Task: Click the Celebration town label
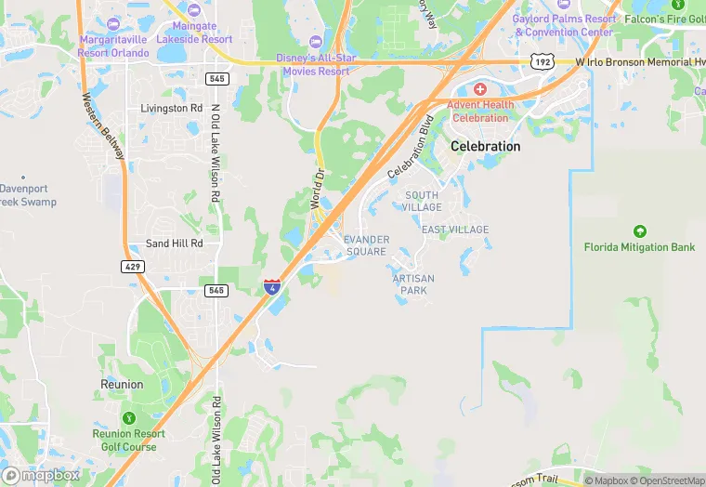point(485,147)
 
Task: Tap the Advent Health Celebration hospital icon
point(479,89)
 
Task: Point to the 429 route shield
point(132,267)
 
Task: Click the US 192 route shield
point(541,61)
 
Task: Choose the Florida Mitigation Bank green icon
point(639,230)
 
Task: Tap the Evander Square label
point(365,245)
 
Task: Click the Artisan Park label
point(413,284)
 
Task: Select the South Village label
point(423,201)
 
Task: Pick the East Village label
point(454,230)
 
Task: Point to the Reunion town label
point(122,384)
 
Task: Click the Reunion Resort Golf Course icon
point(128,416)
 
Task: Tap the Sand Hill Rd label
point(174,243)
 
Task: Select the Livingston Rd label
point(171,109)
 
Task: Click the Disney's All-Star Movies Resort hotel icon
point(315,42)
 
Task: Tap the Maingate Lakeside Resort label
point(195,33)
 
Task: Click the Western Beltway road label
point(102,126)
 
